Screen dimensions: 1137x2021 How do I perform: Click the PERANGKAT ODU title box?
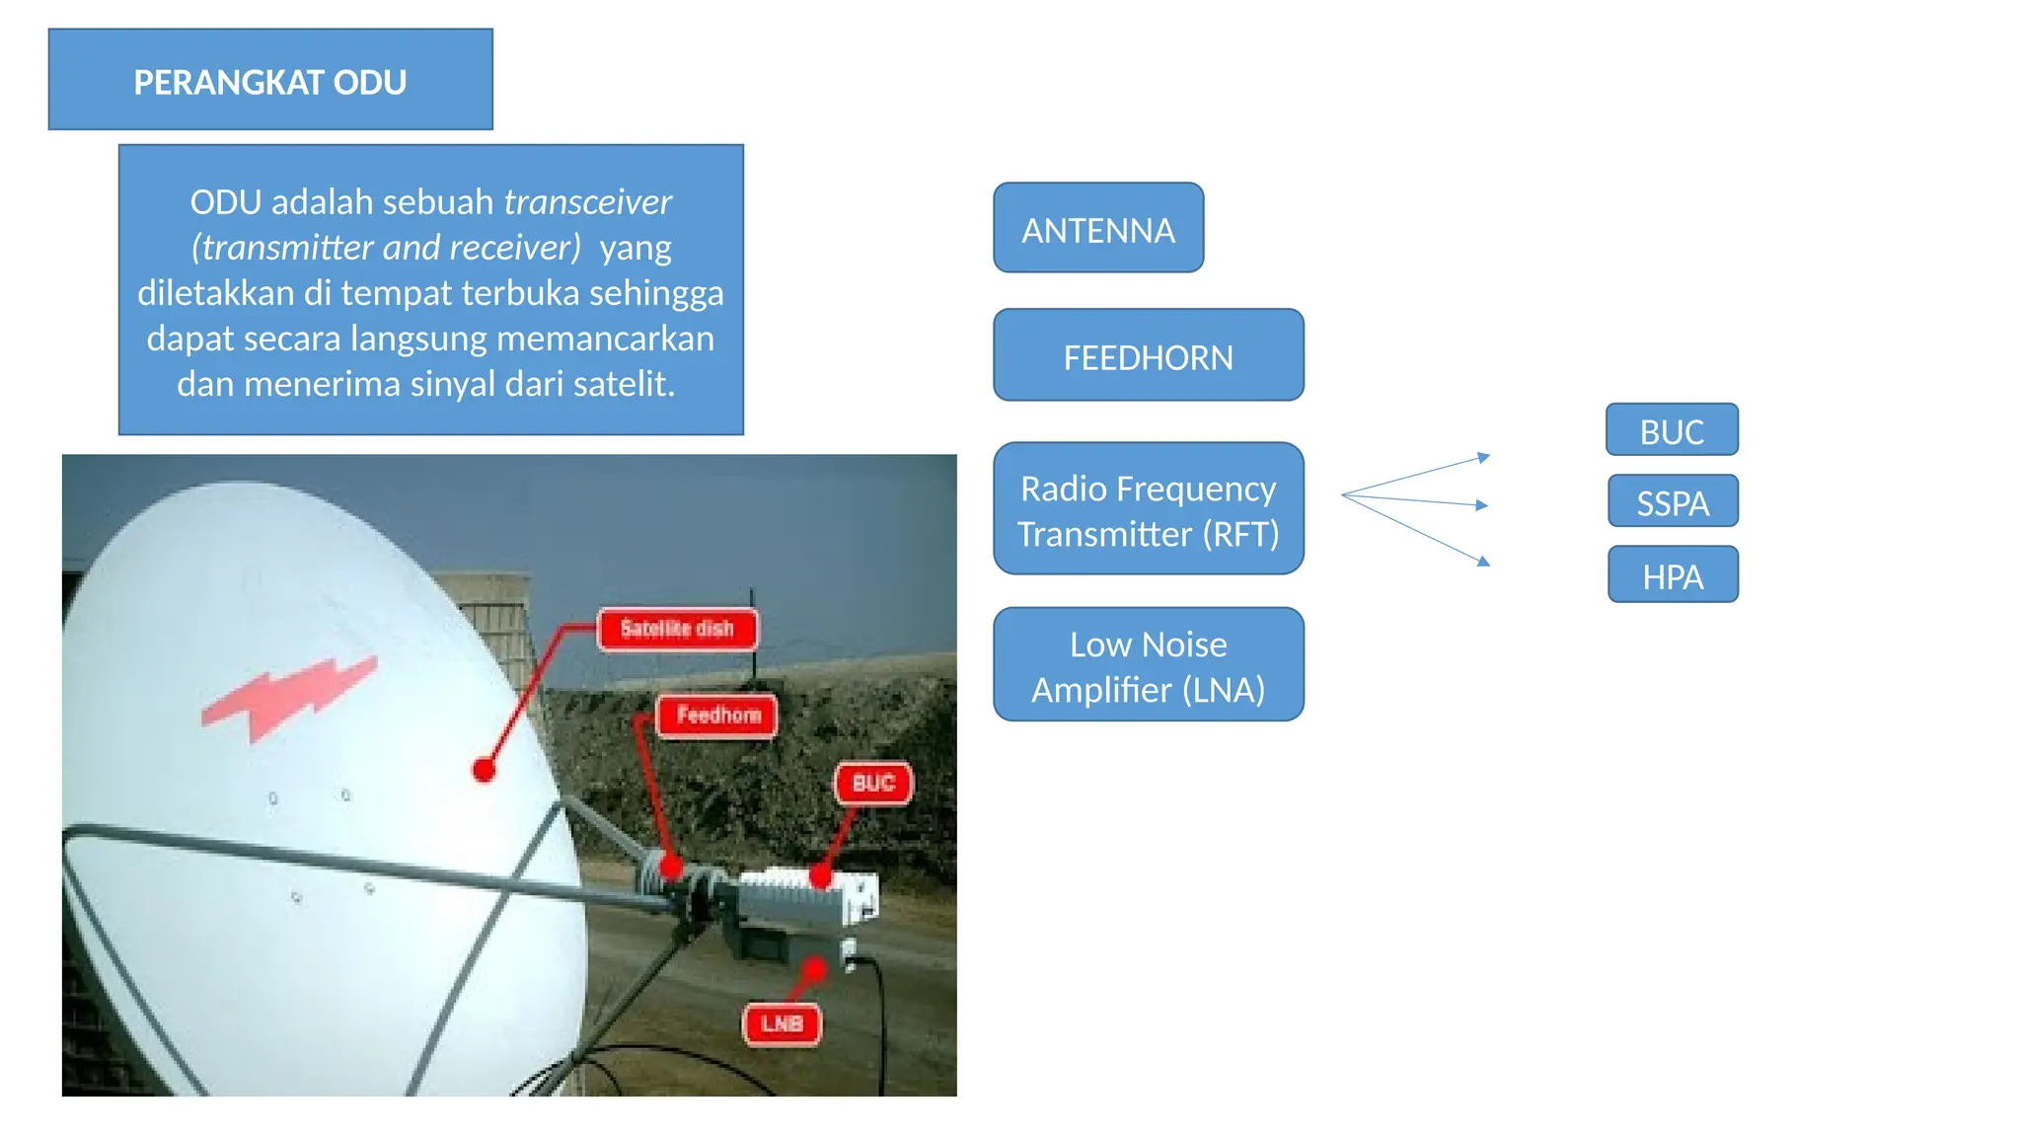[269, 80]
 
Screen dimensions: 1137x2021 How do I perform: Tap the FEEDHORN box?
[1148, 355]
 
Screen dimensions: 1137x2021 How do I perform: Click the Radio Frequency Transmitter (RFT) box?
[1148, 509]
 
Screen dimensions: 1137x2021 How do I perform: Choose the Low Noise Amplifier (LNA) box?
[1148, 665]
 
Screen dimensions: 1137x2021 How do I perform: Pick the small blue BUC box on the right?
[1672, 430]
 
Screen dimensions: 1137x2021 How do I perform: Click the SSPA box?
[1673, 502]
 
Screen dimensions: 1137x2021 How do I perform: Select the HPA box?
[1673, 575]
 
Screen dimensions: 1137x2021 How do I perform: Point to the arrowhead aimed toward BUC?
[1483, 457]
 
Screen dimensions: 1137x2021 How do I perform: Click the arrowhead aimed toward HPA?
[1483, 561]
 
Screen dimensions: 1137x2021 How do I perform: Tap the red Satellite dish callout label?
[677, 629]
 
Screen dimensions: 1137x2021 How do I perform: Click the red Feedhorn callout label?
[718, 715]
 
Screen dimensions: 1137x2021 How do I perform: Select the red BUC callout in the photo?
[873, 783]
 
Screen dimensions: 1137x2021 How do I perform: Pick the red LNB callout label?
[782, 1023]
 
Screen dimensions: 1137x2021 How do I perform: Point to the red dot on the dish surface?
[484, 770]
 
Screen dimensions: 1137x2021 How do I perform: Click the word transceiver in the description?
[588, 201]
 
